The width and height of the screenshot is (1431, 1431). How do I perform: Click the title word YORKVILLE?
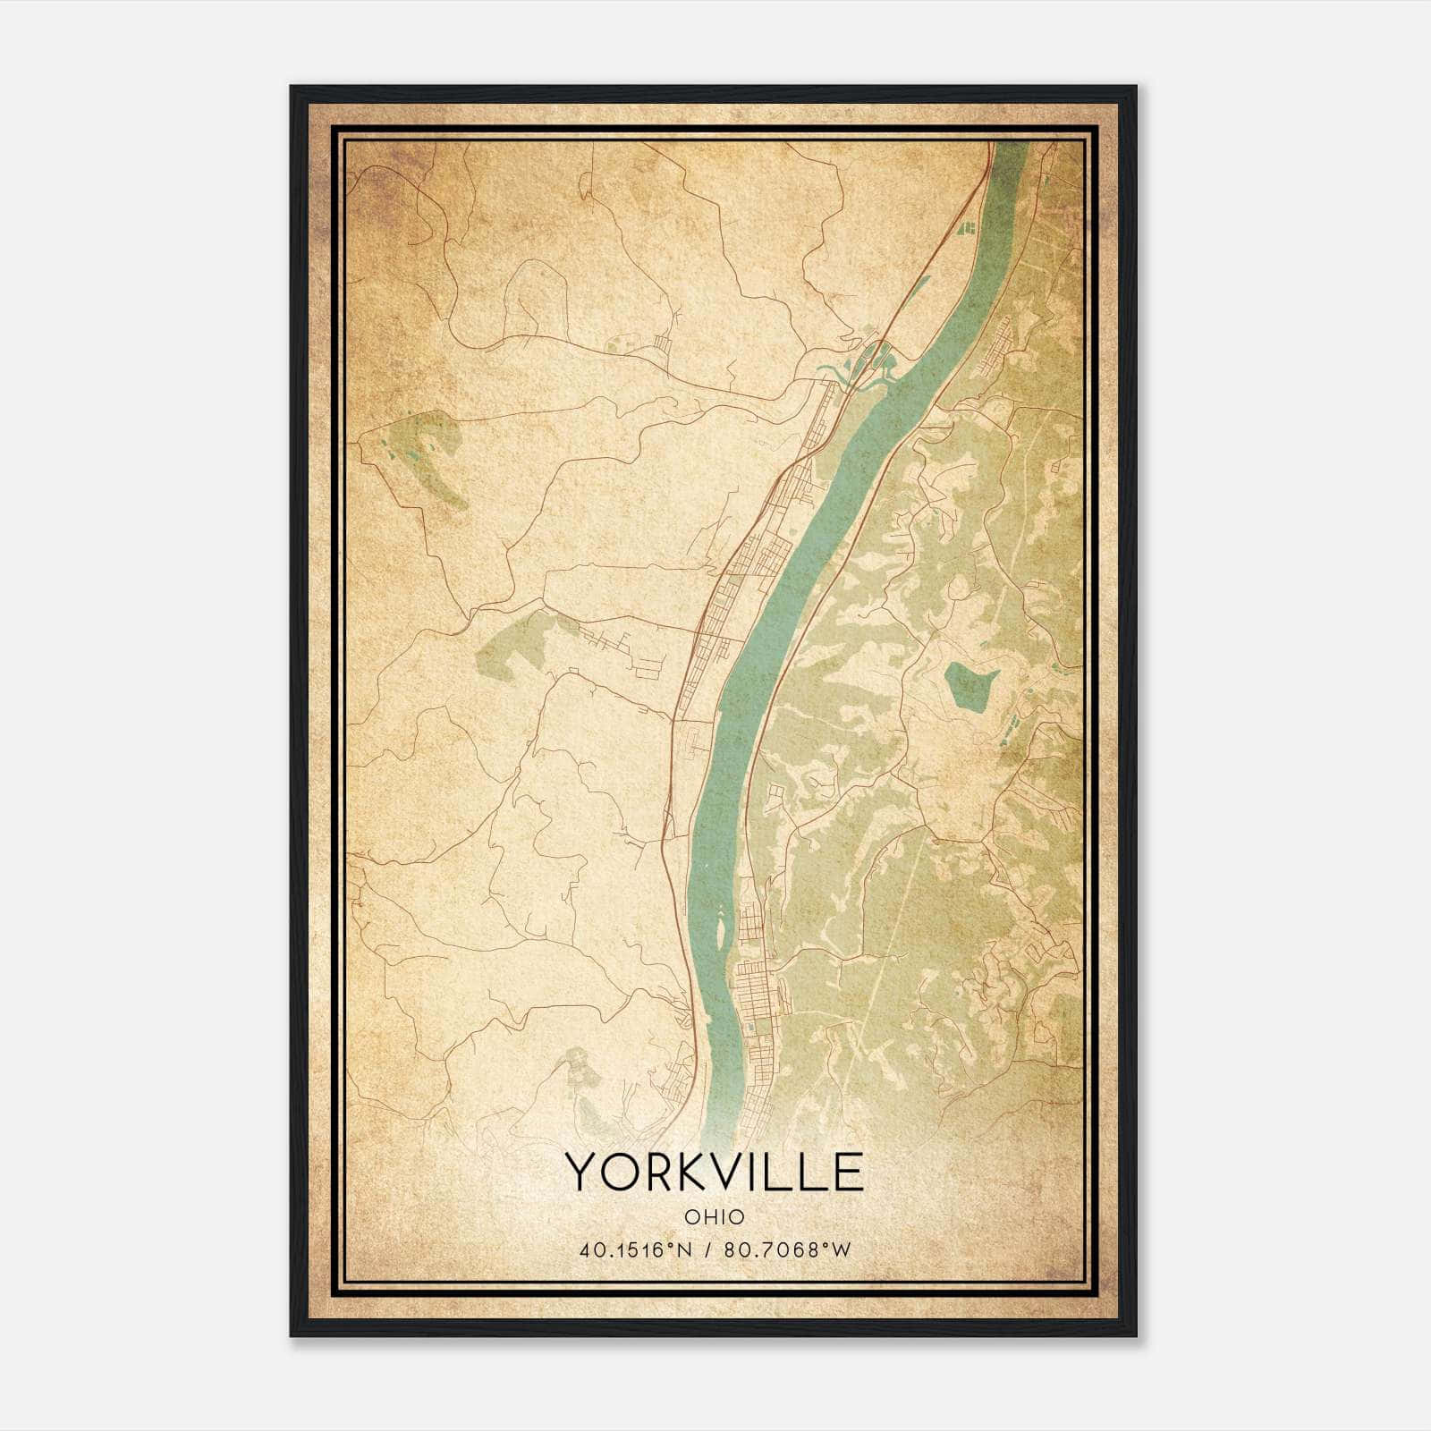coord(714,1173)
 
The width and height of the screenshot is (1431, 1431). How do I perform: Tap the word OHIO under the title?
coord(714,1217)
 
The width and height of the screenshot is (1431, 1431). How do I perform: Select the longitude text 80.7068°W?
coord(787,1250)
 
